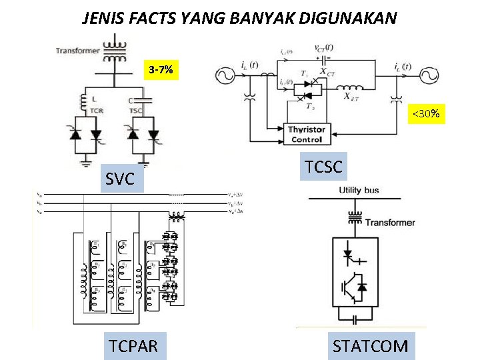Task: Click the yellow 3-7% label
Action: point(162,69)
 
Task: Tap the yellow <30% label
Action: point(426,114)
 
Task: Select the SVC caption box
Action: point(121,179)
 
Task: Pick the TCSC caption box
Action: point(323,167)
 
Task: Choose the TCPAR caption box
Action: point(134,346)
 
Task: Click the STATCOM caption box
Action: point(371,346)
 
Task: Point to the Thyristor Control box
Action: point(307,134)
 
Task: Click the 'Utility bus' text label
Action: point(359,190)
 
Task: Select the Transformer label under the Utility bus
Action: point(390,222)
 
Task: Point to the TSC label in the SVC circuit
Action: point(135,109)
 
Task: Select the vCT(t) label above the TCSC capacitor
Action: point(324,47)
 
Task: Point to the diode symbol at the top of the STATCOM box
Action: point(348,255)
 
